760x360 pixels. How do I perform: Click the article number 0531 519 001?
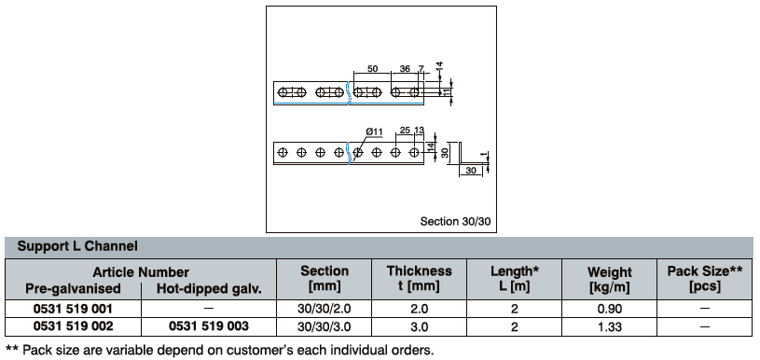(x=73, y=309)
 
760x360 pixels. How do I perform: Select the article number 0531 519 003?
(x=209, y=326)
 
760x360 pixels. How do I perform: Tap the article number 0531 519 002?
(x=73, y=326)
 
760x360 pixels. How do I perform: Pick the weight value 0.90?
(x=609, y=309)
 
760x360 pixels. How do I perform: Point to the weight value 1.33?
(x=609, y=326)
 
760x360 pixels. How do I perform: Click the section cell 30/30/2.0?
(x=324, y=309)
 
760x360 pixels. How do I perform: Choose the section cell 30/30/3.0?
(x=324, y=326)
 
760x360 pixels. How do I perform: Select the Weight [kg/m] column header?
(x=609, y=280)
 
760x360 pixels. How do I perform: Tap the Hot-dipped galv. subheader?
(x=209, y=289)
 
